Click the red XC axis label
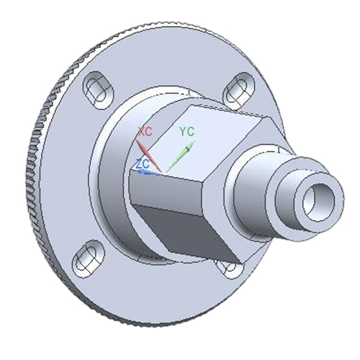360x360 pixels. click(145, 132)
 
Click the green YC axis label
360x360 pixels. click(186, 131)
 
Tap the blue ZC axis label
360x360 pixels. click(143, 163)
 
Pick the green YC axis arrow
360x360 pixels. click(180, 156)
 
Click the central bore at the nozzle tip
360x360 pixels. click(318, 199)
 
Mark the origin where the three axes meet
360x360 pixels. click(165, 172)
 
